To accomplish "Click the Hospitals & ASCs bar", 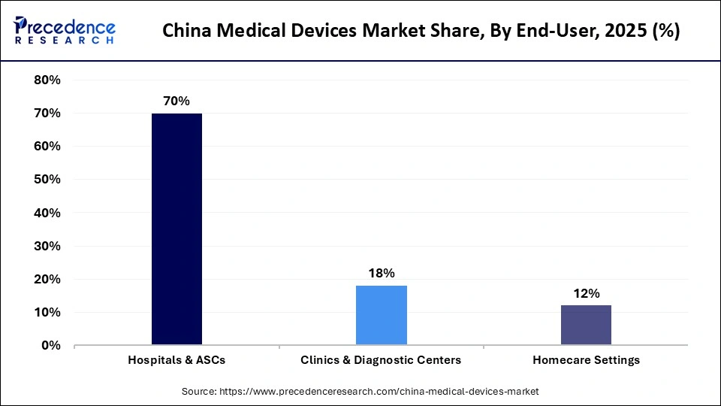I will (176, 229).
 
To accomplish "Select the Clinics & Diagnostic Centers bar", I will (382, 315).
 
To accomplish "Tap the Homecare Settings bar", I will (586, 325).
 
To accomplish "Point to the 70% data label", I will (176, 101).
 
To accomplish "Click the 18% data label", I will (382, 273).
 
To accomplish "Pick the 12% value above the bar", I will (586, 293).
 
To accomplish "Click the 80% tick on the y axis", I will (47, 80).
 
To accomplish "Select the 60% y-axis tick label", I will (47, 147).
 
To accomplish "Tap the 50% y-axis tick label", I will (47, 180).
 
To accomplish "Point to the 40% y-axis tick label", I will (47, 213).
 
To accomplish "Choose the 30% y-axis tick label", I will (47, 246).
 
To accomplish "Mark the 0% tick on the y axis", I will (50, 345).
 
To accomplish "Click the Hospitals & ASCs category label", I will (176, 360).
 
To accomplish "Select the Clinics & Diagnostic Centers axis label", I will (381, 360).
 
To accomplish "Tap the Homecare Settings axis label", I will (586, 360).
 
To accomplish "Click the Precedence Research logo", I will (65, 31).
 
